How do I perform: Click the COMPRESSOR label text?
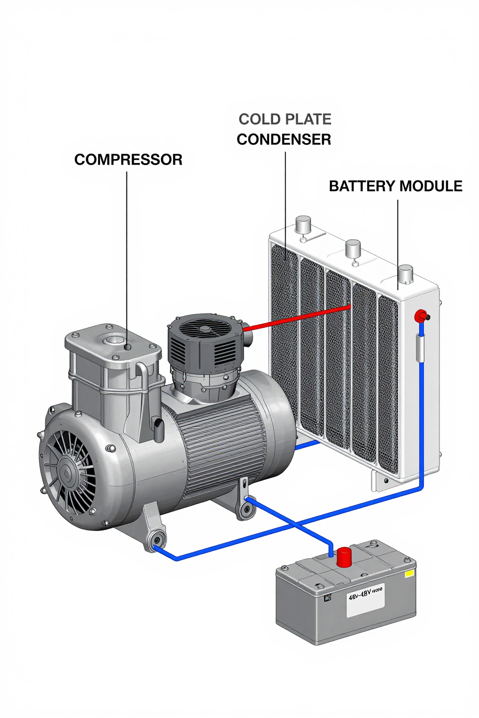(128, 160)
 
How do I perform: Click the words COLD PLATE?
(285, 120)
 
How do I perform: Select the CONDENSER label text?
(284, 140)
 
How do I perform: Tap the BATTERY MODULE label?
(395, 186)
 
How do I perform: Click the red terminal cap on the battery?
(344, 557)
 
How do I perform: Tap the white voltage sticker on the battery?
(365, 600)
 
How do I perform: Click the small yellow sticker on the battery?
(409, 573)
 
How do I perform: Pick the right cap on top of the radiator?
(405, 273)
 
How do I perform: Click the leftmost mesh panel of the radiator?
(284, 327)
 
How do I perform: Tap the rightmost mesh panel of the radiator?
(388, 383)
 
